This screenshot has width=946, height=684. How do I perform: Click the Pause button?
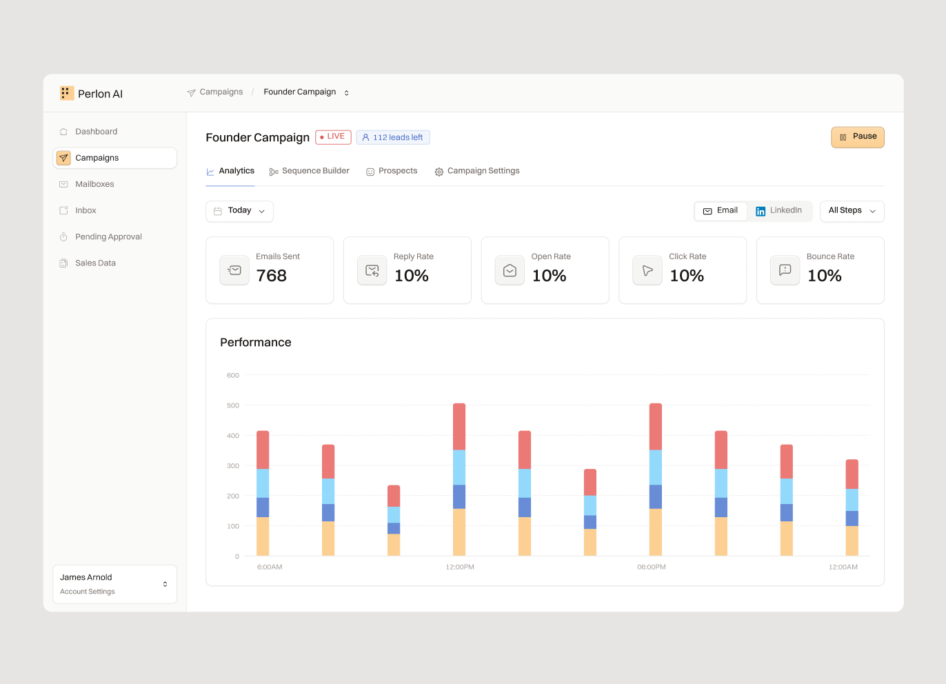(x=857, y=137)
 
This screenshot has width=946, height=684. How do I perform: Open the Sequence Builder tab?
(x=309, y=171)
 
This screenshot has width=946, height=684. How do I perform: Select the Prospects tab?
(x=392, y=171)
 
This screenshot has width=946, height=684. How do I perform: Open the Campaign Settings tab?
(x=477, y=171)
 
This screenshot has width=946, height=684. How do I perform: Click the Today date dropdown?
(x=239, y=211)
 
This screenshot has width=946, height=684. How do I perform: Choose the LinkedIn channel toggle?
(x=778, y=211)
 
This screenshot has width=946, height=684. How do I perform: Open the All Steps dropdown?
(x=852, y=211)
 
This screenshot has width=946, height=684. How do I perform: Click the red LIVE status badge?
(x=333, y=137)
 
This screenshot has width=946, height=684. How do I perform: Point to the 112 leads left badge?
(x=393, y=137)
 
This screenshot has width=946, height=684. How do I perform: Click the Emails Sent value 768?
(x=272, y=276)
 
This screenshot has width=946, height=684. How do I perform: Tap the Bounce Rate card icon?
(x=785, y=270)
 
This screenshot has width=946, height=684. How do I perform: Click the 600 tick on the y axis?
(x=232, y=375)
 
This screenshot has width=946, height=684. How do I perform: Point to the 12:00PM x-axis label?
(x=460, y=567)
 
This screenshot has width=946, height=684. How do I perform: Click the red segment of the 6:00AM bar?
(x=263, y=450)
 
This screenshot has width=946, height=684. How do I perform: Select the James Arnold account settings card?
(x=115, y=584)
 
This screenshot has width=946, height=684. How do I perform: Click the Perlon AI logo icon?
(x=67, y=93)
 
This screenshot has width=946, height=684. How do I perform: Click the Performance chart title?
(x=256, y=343)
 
